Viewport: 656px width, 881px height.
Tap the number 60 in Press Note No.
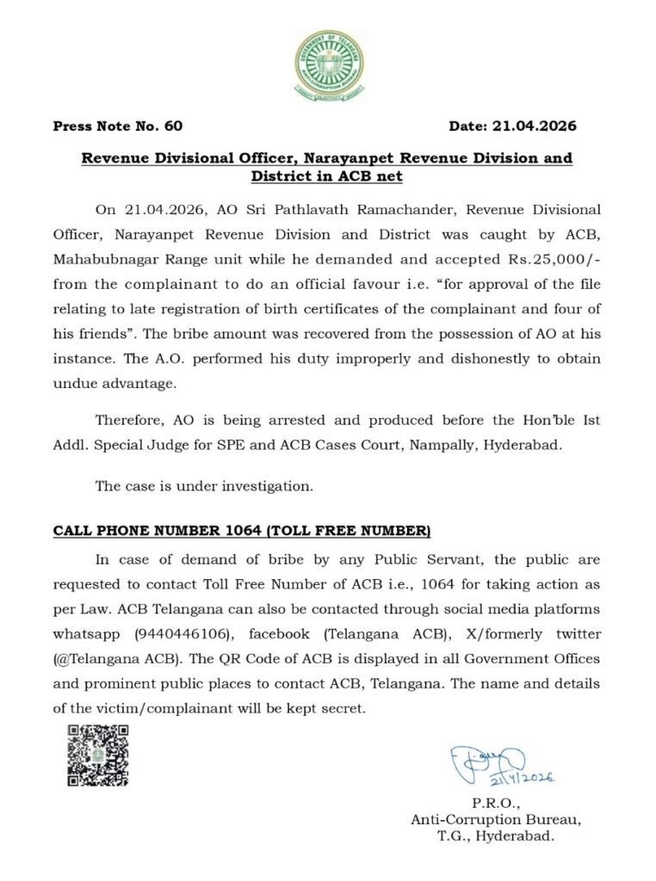point(173,126)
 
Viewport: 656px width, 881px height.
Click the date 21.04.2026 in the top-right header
point(534,126)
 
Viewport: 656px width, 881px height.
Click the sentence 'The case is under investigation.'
point(204,486)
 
